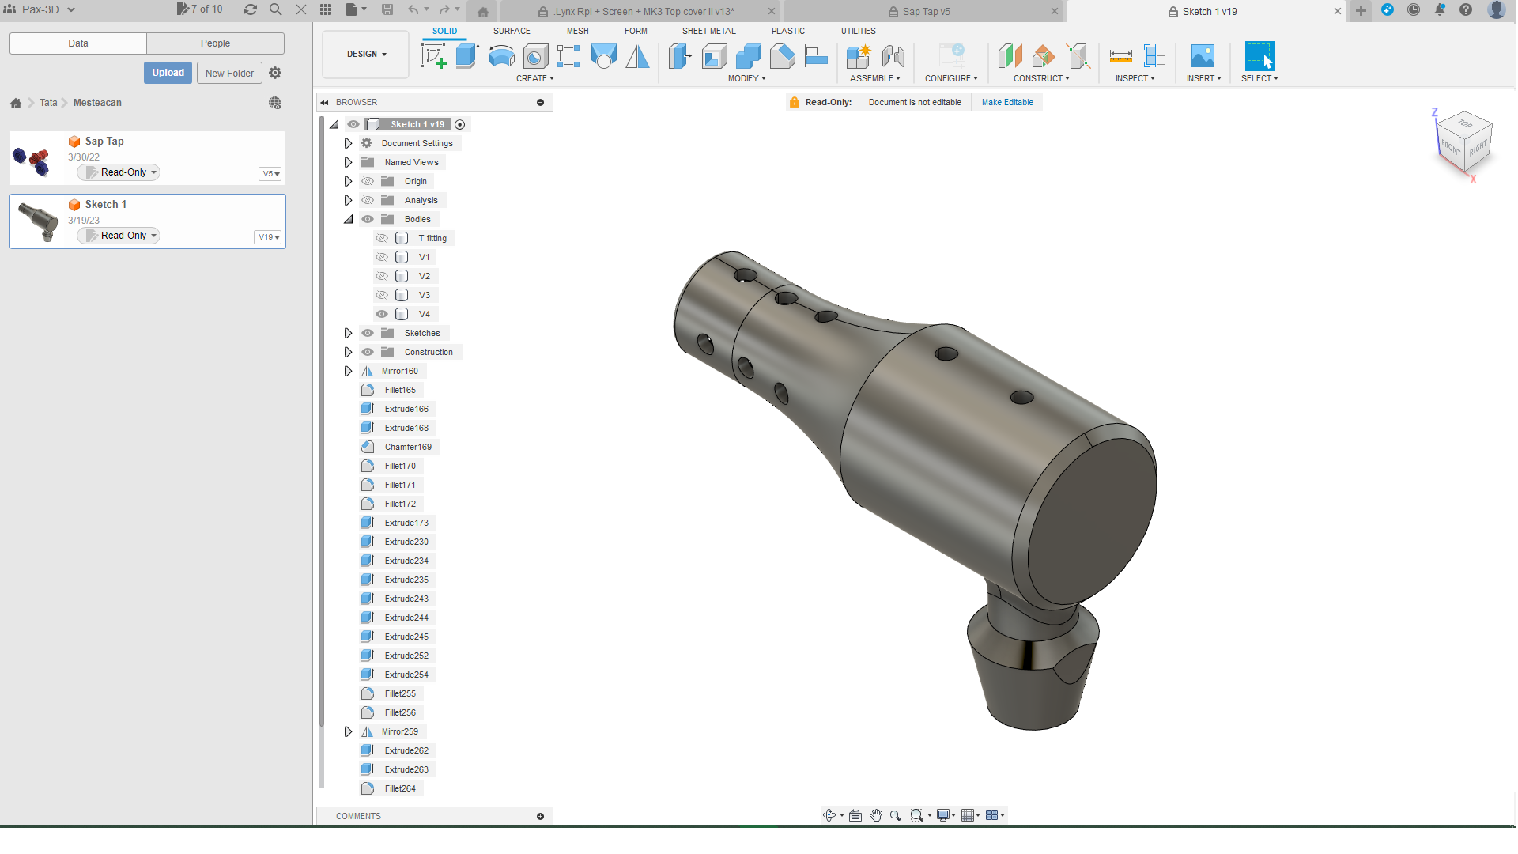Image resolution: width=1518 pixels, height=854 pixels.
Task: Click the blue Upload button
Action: (168, 73)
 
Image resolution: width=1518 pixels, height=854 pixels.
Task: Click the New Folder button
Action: (229, 73)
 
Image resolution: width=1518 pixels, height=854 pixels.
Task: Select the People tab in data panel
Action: (215, 43)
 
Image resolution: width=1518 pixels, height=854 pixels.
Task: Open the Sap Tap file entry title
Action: (104, 141)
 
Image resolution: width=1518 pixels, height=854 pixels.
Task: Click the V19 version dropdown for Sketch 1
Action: (269, 236)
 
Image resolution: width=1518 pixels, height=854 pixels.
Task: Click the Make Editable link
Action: (1007, 102)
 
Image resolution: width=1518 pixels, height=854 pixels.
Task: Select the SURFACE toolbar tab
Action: (512, 31)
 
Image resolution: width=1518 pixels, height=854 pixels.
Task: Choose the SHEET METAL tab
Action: (708, 31)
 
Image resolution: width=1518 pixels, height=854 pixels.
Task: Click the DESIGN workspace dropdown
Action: (366, 54)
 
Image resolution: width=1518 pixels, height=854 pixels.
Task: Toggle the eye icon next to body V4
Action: (382, 314)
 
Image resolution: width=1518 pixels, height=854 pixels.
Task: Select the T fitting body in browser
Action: (432, 238)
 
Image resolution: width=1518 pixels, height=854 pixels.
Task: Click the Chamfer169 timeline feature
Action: (408, 447)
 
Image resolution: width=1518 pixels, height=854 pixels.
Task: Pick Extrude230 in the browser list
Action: (406, 542)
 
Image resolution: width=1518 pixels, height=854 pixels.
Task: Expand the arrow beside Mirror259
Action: (348, 731)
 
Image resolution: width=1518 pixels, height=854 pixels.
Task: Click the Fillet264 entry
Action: (400, 788)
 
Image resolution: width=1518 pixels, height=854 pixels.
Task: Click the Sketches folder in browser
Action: (422, 333)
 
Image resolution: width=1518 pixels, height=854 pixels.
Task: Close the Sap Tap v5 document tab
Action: (1054, 11)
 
